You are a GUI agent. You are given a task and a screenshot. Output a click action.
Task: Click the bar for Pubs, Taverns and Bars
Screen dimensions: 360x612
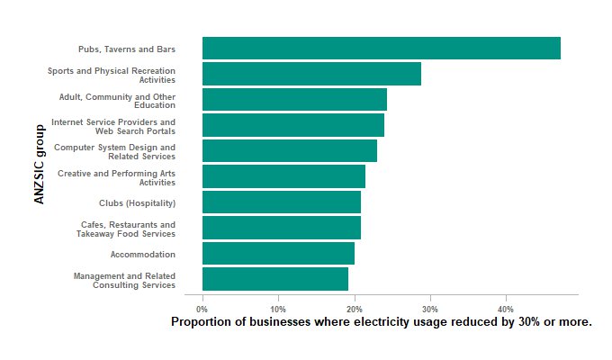pos(381,49)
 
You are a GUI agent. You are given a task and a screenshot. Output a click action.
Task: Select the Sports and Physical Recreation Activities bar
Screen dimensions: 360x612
pos(311,74)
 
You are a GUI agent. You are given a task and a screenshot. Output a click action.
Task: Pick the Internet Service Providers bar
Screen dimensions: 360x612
pos(292,125)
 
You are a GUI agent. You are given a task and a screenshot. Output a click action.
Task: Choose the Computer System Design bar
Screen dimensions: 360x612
pos(289,151)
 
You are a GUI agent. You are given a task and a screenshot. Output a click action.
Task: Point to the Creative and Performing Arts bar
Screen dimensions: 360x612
pos(283,176)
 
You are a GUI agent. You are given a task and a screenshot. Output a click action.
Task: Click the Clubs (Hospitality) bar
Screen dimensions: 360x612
pos(281,202)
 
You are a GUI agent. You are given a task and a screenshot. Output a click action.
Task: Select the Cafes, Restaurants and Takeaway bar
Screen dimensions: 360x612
pos(281,228)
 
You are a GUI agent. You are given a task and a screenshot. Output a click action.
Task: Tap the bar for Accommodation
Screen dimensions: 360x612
pos(278,254)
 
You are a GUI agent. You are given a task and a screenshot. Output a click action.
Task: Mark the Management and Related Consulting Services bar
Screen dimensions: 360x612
pos(274,279)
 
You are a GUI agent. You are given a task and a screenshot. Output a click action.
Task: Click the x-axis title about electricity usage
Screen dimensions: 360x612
pos(381,322)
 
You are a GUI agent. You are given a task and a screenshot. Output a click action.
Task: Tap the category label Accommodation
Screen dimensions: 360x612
pos(142,255)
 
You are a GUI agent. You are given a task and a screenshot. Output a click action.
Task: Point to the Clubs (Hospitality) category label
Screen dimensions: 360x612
pos(137,203)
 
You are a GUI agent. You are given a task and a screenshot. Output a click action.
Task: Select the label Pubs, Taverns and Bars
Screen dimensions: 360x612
pos(126,49)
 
